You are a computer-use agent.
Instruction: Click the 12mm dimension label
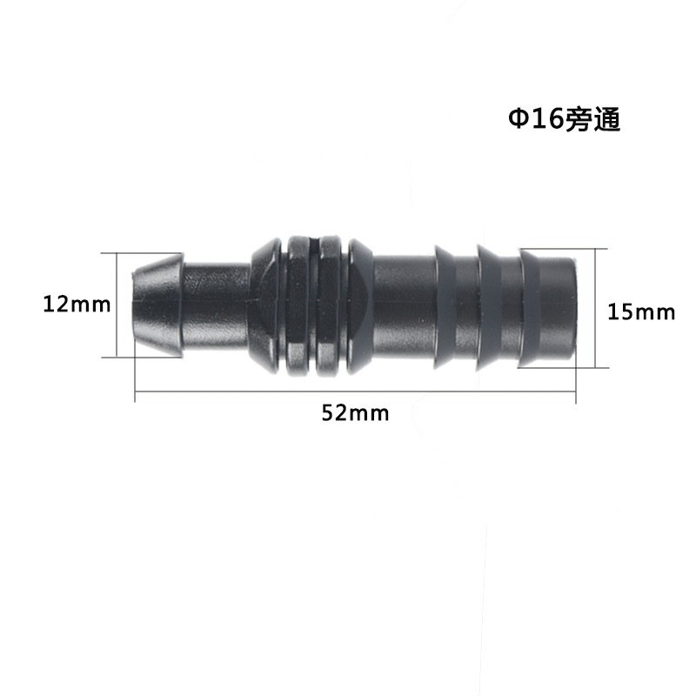(77, 305)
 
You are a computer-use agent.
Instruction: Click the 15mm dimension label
(641, 311)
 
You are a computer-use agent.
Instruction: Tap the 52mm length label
(355, 413)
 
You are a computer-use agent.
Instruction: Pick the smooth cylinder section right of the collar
(405, 304)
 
